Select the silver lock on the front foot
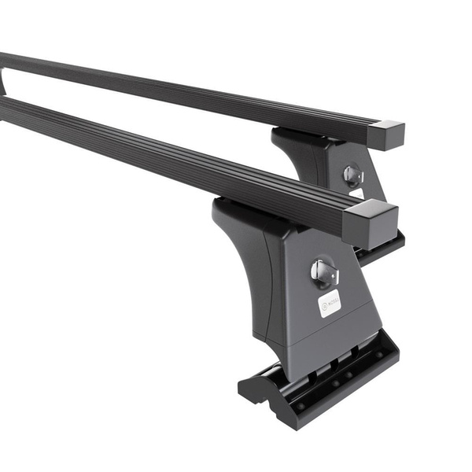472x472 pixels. pyautogui.click(x=323, y=272)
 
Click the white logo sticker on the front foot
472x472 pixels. pyautogui.click(x=329, y=303)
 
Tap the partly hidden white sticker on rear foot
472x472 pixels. pyautogui.click(x=357, y=193)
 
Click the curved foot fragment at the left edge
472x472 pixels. pyautogui.click(x=2, y=83)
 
